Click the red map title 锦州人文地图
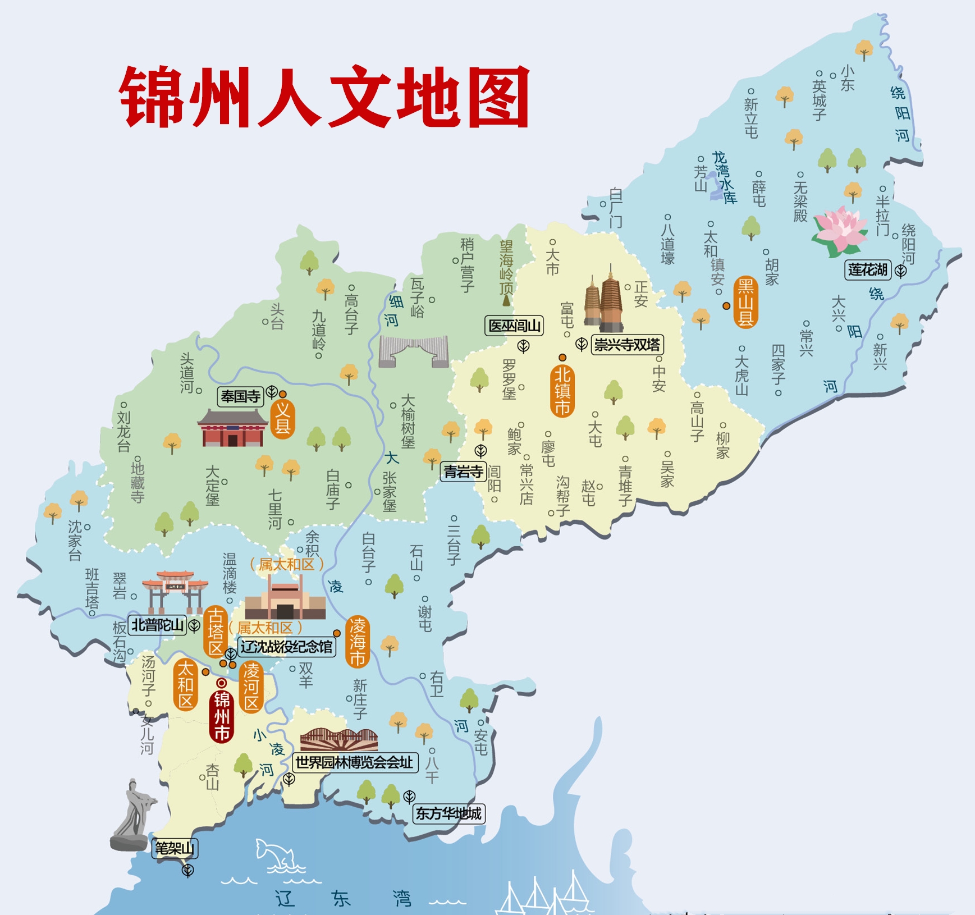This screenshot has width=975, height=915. tap(324, 97)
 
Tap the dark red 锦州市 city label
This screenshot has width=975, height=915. tap(222, 716)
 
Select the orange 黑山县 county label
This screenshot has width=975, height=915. tap(745, 303)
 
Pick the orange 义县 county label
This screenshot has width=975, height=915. tap(282, 418)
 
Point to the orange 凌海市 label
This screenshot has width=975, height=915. tap(357, 642)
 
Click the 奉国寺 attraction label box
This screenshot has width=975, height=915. tap(241, 397)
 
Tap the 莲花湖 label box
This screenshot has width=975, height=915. tap(868, 270)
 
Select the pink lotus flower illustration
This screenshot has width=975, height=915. tap(840, 230)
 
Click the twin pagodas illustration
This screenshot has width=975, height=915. tap(604, 300)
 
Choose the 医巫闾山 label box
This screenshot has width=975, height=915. tap(514, 326)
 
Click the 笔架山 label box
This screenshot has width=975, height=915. tap(175, 848)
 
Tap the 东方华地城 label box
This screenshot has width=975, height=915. tap(448, 813)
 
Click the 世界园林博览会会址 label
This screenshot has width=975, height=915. tap(355, 762)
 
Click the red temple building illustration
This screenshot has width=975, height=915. tap(232, 429)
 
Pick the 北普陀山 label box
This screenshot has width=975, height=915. tap(158, 625)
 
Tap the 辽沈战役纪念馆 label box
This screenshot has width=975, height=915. tap(287, 647)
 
